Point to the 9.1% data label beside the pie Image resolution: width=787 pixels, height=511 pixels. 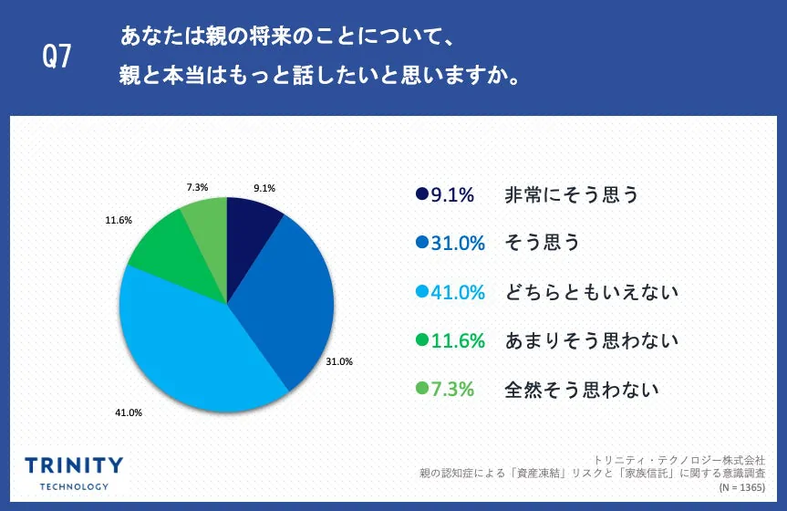264,189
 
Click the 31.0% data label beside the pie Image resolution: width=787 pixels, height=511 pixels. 339,361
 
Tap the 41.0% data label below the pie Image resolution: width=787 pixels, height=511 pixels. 129,412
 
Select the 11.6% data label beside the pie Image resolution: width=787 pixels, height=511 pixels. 119,220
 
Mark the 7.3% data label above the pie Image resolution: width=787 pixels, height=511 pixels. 197,187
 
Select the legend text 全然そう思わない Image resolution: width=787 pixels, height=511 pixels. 582,390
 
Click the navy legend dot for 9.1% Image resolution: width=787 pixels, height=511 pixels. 421,194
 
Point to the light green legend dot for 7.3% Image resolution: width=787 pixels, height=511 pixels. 421,390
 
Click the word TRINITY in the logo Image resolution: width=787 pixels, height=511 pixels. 74,464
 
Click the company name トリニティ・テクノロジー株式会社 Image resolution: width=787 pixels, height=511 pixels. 678,460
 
